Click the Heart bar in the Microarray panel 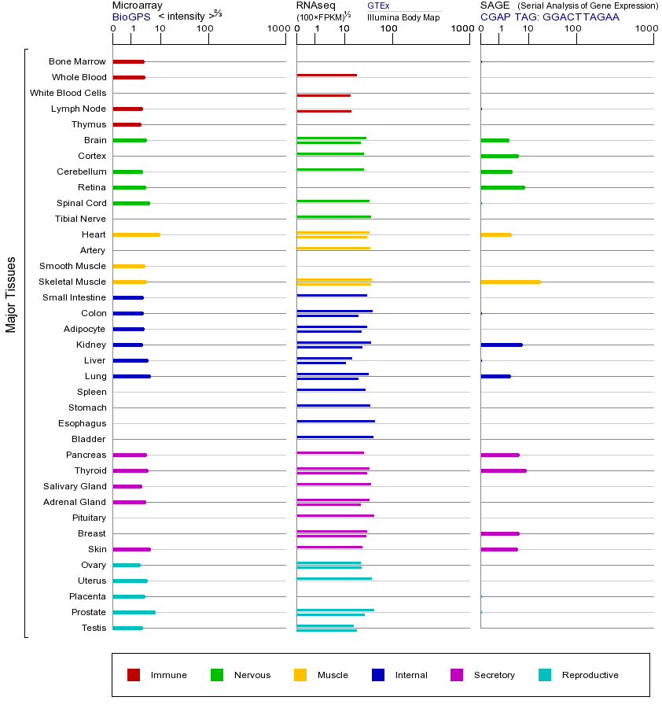pos(136,234)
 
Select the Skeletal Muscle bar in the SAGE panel pos(510,282)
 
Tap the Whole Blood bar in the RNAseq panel pos(326,75)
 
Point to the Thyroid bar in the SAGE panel pos(503,470)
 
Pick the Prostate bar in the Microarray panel pos(134,612)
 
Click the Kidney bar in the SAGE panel pos(501,345)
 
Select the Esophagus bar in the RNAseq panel pos(336,421)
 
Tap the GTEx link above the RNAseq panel pos(378,6)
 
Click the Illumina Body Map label pos(403,17)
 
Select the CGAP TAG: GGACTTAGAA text pos(550,17)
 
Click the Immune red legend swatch pos(134,675)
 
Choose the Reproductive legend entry pos(590,675)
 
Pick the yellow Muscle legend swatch pos(300,675)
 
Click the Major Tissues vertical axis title pos(11,294)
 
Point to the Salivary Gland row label pos(75,486)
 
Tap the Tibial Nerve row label pos(80,219)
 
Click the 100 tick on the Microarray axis pos(205,29)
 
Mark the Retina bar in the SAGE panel pos(502,187)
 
